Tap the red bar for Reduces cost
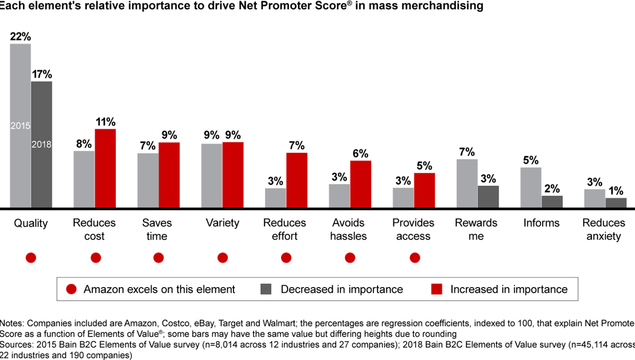click(x=105, y=168)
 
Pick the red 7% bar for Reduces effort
click(x=296, y=180)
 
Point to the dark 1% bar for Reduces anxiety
click(x=616, y=203)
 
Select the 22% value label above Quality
click(x=21, y=36)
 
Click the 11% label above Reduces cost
click(x=105, y=122)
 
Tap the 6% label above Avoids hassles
click(x=360, y=154)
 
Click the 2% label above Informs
click(x=552, y=188)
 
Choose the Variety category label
click(x=222, y=223)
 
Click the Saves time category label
click(x=157, y=229)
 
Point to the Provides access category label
click(x=413, y=229)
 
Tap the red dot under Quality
click(x=31, y=258)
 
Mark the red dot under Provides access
click(x=415, y=258)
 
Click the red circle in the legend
click(x=72, y=289)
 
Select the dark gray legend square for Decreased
click(x=265, y=289)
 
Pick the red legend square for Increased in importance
click(x=436, y=289)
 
